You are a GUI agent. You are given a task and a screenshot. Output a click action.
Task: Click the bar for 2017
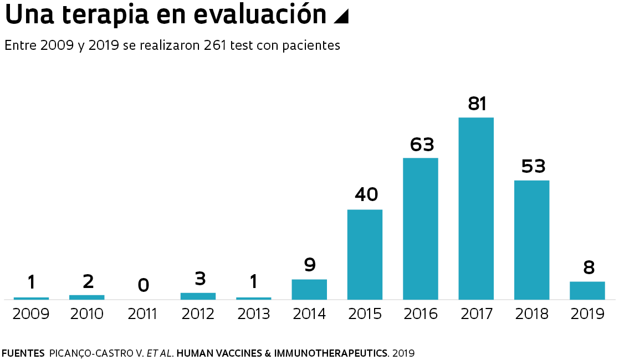pyautogui.click(x=476, y=208)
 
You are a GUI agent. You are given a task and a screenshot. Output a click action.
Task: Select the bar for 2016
pyautogui.click(x=421, y=229)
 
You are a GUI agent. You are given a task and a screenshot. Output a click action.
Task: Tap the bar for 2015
pyautogui.click(x=365, y=254)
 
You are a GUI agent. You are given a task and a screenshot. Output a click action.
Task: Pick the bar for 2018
pyautogui.click(x=531, y=240)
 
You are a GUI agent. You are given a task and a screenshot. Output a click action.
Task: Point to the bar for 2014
pyautogui.click(x=309, y=289)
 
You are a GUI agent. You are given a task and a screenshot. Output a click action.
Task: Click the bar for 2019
pyautogui.click(x=587, y=290)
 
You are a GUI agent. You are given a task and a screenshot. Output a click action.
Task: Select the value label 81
pyautogui.click(x=477, y=104)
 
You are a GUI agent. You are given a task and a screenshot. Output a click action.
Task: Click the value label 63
pyautogui.click(x=422, y=145)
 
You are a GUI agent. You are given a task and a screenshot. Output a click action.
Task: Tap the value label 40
pyautogui.click(x=365, y=195)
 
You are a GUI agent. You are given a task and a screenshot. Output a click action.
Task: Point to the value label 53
pyautogui.click(x=533, y=166)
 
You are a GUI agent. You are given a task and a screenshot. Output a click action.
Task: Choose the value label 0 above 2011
pyautogui.click(x=144, y=285)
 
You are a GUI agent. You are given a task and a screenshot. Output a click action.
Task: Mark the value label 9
pyautogui.click(x=310, y=265)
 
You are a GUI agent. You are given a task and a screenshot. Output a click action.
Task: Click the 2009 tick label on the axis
pyautogui.click(x=31, y=314)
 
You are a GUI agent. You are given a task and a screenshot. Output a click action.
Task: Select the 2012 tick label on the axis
pyautogui.click(x=198, y=314)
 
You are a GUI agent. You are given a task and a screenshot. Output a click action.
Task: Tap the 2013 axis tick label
pyautogui.click(x=254, y=314)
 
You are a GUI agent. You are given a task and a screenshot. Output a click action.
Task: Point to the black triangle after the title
pyautogui.click(x=341, y=17)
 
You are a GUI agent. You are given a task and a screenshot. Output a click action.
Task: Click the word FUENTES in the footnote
pyautogui.click(x=23, y=353)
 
